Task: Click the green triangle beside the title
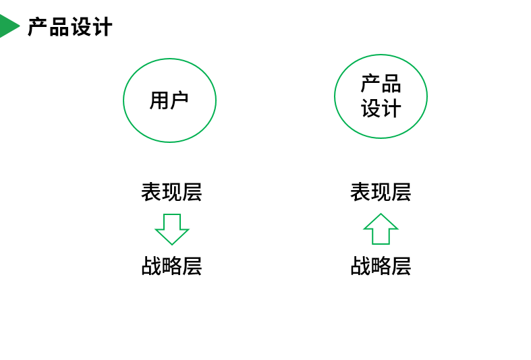(8, 26)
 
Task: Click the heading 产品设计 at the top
(69, 27)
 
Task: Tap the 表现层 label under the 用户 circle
(171, 192)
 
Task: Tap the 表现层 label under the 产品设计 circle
(381, 192)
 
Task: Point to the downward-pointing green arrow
(172, 229)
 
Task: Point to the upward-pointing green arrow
(381, 229)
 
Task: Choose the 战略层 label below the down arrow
(171, 266)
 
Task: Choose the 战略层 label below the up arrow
(381, 266)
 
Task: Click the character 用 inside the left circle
(159, 100)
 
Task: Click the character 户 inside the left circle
(179, 100)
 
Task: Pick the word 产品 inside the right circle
(381, 84)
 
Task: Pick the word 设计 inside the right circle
(381, 108)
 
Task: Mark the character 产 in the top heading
(37, 27)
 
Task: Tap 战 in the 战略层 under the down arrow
(151, 266)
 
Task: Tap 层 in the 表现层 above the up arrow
(401, 192)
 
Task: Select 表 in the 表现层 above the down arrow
(151, 192)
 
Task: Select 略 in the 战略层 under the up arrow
(381, 266)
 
